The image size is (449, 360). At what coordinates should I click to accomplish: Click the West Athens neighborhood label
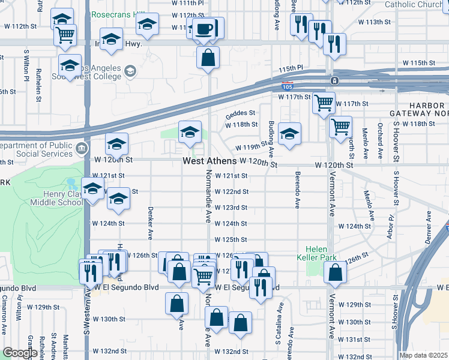(209, 161)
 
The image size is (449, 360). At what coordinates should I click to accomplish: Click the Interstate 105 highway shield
(288, 86)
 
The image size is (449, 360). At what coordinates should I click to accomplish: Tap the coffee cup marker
(204, 28)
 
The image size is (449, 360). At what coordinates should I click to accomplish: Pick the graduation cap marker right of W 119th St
(289, 134)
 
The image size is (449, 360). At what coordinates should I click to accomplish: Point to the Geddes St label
(241, 113)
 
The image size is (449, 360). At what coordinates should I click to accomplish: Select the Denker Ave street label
(149, 221)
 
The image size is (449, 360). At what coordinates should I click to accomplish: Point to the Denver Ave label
(429, 227)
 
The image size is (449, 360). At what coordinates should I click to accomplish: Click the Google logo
(20, 353)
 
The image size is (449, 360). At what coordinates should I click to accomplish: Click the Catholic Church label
(412, 5)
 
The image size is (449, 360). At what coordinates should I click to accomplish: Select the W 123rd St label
(232, 208)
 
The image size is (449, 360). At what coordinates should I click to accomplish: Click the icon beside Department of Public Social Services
(82, 148)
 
